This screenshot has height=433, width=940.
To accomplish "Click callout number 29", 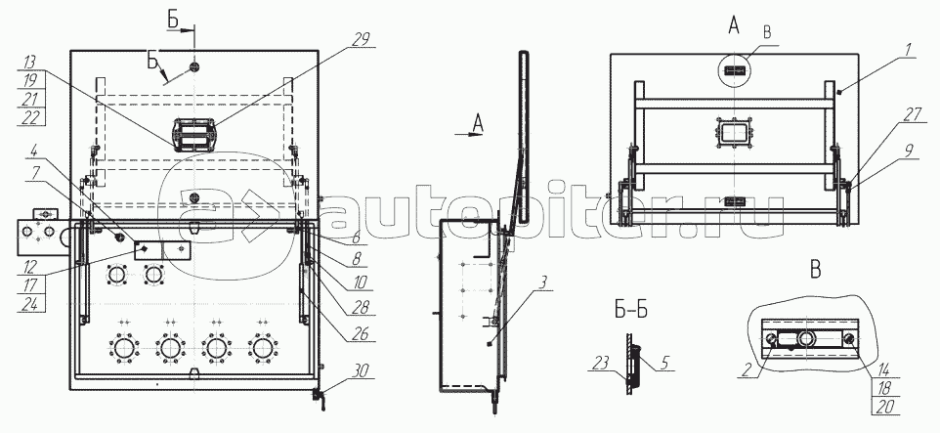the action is [362, 39].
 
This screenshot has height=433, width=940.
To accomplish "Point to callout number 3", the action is [541, 282].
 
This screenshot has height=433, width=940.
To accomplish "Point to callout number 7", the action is [35, 171].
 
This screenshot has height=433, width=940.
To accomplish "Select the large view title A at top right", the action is [733, 25].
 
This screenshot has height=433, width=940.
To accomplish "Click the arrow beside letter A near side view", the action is [468, 134].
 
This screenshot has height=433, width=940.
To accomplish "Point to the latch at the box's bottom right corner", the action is [319, 399].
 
